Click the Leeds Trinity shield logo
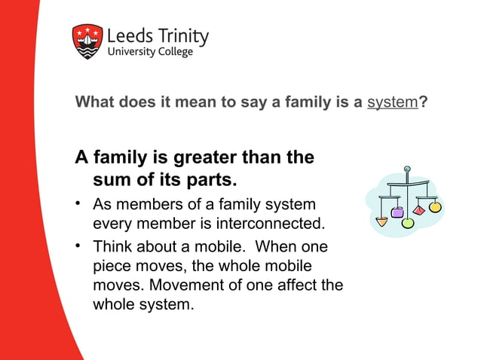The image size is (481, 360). [x=87, y=41]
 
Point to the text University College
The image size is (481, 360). [x=150, y=52]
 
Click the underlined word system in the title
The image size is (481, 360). [x=392, y=102]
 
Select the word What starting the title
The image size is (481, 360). [x=94, y=102]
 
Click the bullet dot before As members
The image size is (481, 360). [x=78, y=204]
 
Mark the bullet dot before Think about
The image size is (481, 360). [x=78, y=246]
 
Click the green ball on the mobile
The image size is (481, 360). [x=409, y=223]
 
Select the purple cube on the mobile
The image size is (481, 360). [x=397, y=212]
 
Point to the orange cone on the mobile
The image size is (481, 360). [x=382, y=221]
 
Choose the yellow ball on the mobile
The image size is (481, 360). [x=435, y=206]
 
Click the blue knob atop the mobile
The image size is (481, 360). [x=406, y=168]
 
